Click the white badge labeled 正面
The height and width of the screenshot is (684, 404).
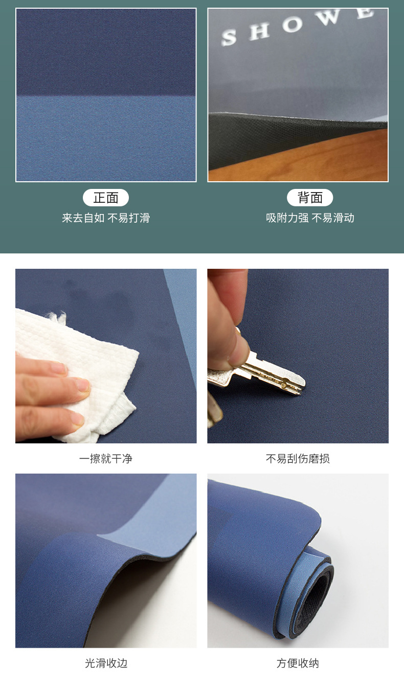click(x=106, y=198)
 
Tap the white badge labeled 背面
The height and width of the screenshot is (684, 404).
click(x=310, y=198)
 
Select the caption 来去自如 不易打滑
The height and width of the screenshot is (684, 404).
click(x=106, y=218)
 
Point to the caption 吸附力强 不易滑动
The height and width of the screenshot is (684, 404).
click(x=310, y=218)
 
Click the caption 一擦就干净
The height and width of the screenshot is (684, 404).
click(x=106, y=459)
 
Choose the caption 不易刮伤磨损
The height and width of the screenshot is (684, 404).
click(x=298, y=459)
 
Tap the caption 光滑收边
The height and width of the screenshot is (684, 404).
click(x=106, y=664)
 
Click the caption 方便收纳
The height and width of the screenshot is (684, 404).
click(x=298, y=664)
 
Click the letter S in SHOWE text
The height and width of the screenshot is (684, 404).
click(x=229, y=38)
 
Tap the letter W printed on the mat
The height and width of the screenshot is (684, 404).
click(x=329, y=19)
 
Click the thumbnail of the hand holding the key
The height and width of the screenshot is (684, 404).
click(x=298, y=356)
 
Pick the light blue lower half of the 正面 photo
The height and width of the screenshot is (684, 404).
click(x=106, y=138)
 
